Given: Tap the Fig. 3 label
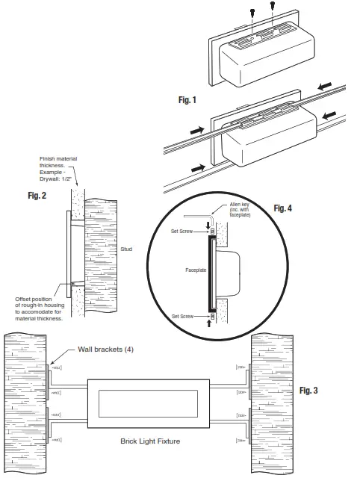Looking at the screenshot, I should (314, 390).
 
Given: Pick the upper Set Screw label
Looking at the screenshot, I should (182, 232).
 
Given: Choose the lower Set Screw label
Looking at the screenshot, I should (182, 317).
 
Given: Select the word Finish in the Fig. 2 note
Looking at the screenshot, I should (47, 158).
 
